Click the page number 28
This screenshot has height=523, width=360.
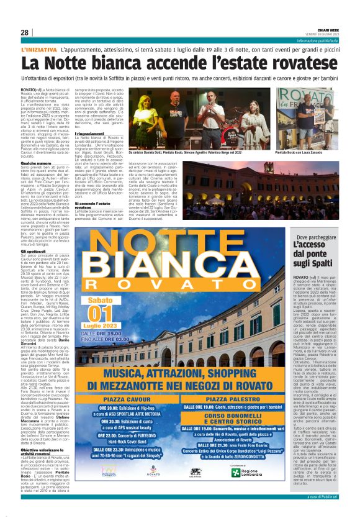click(x=24, y=32)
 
